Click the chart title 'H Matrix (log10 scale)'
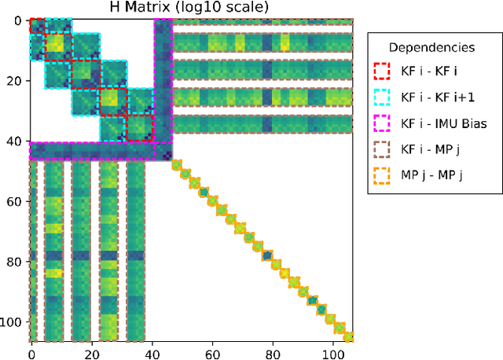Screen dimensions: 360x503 pyautogui.click(x=190, y=8)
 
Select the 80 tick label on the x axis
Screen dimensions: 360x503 pyautogui.click(x=274, y=353)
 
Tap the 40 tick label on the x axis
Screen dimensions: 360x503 pyautogui.click(x=152, y=353)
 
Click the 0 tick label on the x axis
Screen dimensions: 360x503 pyautogui.click(x=31, y=353)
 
